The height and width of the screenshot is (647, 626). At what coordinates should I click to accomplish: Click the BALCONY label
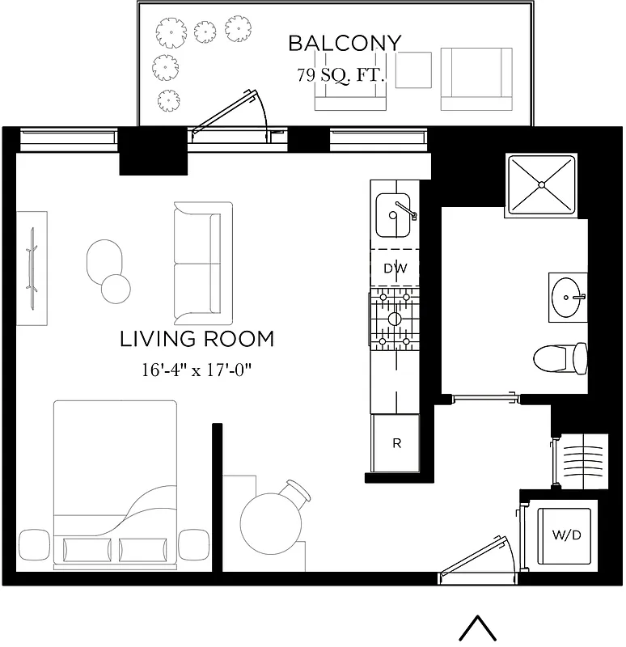click(x=345, y=43)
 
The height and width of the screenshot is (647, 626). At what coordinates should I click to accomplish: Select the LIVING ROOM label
click(x=197, y=339)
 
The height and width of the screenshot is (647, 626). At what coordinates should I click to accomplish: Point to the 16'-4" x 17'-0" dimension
click(x=197, y=371)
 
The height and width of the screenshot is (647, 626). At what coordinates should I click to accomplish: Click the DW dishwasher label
click(x=395, y=269)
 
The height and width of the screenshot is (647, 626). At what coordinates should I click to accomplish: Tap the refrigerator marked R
click(x=396, y=443)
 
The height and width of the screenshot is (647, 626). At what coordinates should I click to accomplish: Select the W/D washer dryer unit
click(x=564, y=535)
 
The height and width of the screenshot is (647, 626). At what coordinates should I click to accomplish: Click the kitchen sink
click(x=395, y=213)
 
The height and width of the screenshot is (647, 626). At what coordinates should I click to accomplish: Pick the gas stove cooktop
click(x=395, y=319)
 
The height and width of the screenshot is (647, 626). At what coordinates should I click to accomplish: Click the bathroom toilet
click(x=562, y=357)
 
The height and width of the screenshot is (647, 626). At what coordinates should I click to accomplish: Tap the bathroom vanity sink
click(x=570, y=296)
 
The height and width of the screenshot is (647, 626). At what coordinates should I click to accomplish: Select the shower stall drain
click(x=540, y=184)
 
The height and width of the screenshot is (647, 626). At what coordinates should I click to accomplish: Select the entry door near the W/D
click(x=477, y=558)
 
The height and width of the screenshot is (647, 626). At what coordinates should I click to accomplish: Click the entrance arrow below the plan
click(x=477, y=628)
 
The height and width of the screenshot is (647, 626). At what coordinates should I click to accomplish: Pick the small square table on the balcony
click(x=414, y=70)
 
